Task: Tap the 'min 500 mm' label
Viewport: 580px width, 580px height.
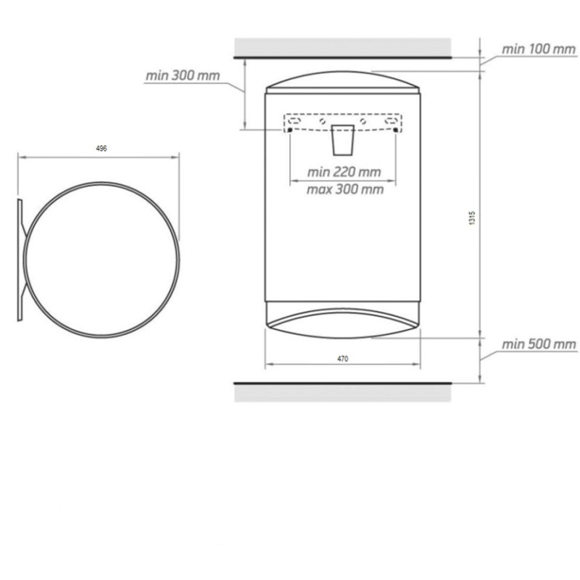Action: [539, 344]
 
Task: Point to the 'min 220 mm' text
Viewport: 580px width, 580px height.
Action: [344, 173]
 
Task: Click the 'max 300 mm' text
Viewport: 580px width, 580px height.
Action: [344, 189]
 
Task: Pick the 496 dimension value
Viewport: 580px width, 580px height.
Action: [101, 148]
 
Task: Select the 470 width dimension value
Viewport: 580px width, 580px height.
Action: [343, 359]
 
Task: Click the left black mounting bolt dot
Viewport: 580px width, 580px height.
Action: [290, 130]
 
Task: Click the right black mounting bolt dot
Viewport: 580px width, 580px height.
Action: [396, 130]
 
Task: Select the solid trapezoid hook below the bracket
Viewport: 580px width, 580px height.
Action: [343, 141]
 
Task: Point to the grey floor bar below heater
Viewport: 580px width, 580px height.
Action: [344, 391]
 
